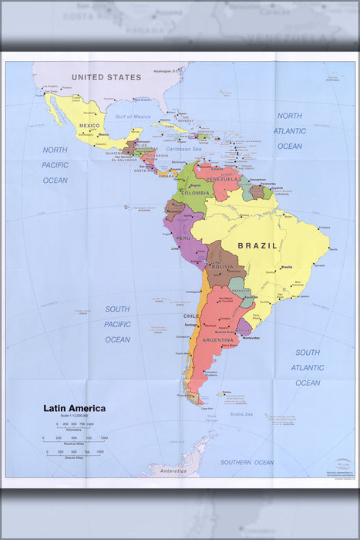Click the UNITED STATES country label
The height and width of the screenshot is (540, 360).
(x=106, y=77)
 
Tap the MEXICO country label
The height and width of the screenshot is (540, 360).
(x=89, y=126)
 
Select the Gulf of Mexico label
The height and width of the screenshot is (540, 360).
(x=133, y=116)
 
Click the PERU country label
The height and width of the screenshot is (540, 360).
(x=183, y=238)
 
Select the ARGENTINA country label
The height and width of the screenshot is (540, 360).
(x=217, y=339)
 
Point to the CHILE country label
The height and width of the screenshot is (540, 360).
(x=190, y=316)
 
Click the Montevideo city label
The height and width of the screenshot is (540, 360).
(x=251, y=338)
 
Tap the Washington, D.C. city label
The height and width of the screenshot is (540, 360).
(x=167, y=71)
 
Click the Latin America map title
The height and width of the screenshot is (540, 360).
(x=74, y=408)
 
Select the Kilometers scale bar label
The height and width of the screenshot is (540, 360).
(x=74, y=428)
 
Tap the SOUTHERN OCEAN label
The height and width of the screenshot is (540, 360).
(x=247, y=462)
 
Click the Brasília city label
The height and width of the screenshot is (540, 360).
(x=287, y=267)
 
